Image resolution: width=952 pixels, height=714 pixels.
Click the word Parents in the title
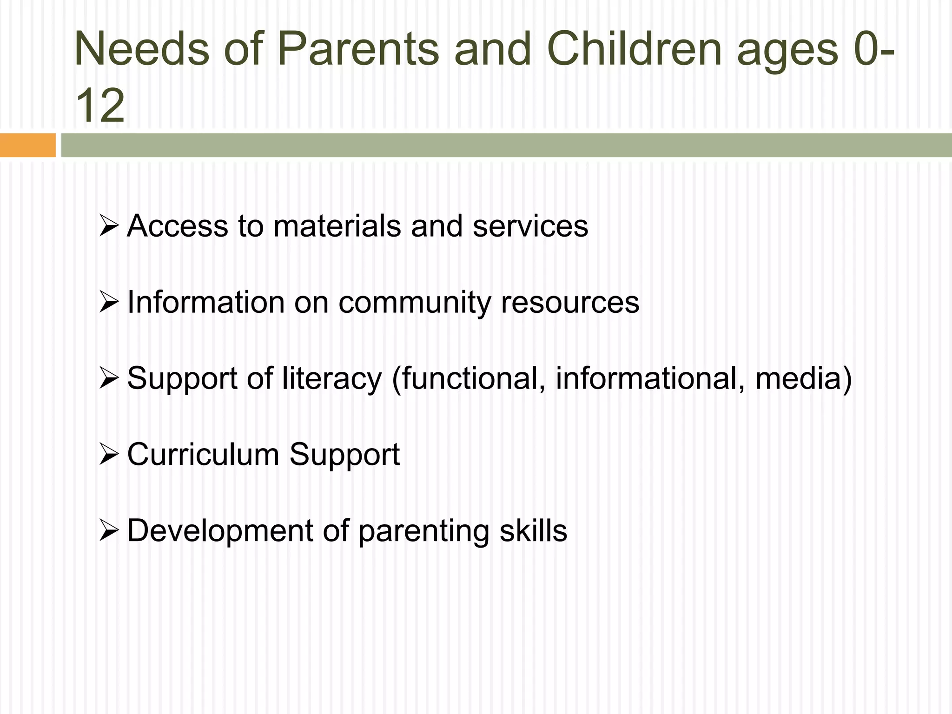coord(358,49)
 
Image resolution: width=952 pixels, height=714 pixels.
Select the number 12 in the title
coord(100,106)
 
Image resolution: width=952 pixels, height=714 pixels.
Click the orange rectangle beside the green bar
coord(27,145)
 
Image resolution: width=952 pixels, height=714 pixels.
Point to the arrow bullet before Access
coord(109,226)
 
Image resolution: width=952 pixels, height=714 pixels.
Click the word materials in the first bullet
coord(337,226)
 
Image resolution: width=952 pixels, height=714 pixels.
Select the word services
coord(530,226)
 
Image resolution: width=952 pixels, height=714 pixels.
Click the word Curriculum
coord(203,455)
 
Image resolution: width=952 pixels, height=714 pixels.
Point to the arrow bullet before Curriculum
coord(109,455)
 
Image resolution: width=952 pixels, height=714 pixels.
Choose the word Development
coord(220,531)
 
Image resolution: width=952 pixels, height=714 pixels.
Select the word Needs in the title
coord(142,49)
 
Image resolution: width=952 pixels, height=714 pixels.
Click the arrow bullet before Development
coord(109,531)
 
